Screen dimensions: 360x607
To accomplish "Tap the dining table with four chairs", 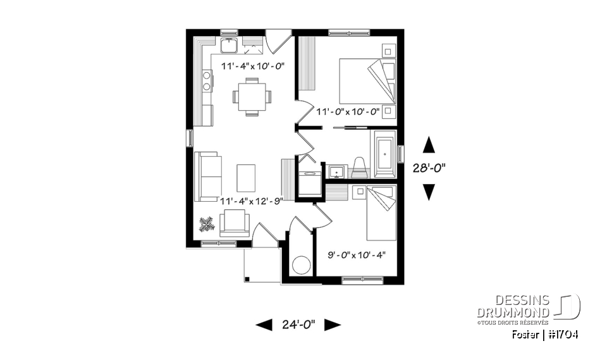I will coord(252,97).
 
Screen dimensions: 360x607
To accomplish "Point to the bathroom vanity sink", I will coord(336,171).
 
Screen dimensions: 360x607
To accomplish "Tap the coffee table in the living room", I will coord(247,177).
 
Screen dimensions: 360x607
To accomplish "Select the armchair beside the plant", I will coord(235,223).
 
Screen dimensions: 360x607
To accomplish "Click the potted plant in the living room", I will coord(205,223).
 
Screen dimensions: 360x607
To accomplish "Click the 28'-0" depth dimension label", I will coord(429,168).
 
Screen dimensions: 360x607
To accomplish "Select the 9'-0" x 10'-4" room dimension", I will coord(357,256).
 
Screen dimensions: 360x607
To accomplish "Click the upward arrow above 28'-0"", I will coord(429,146).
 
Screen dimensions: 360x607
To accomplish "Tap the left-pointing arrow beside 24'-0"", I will coord(264,325).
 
